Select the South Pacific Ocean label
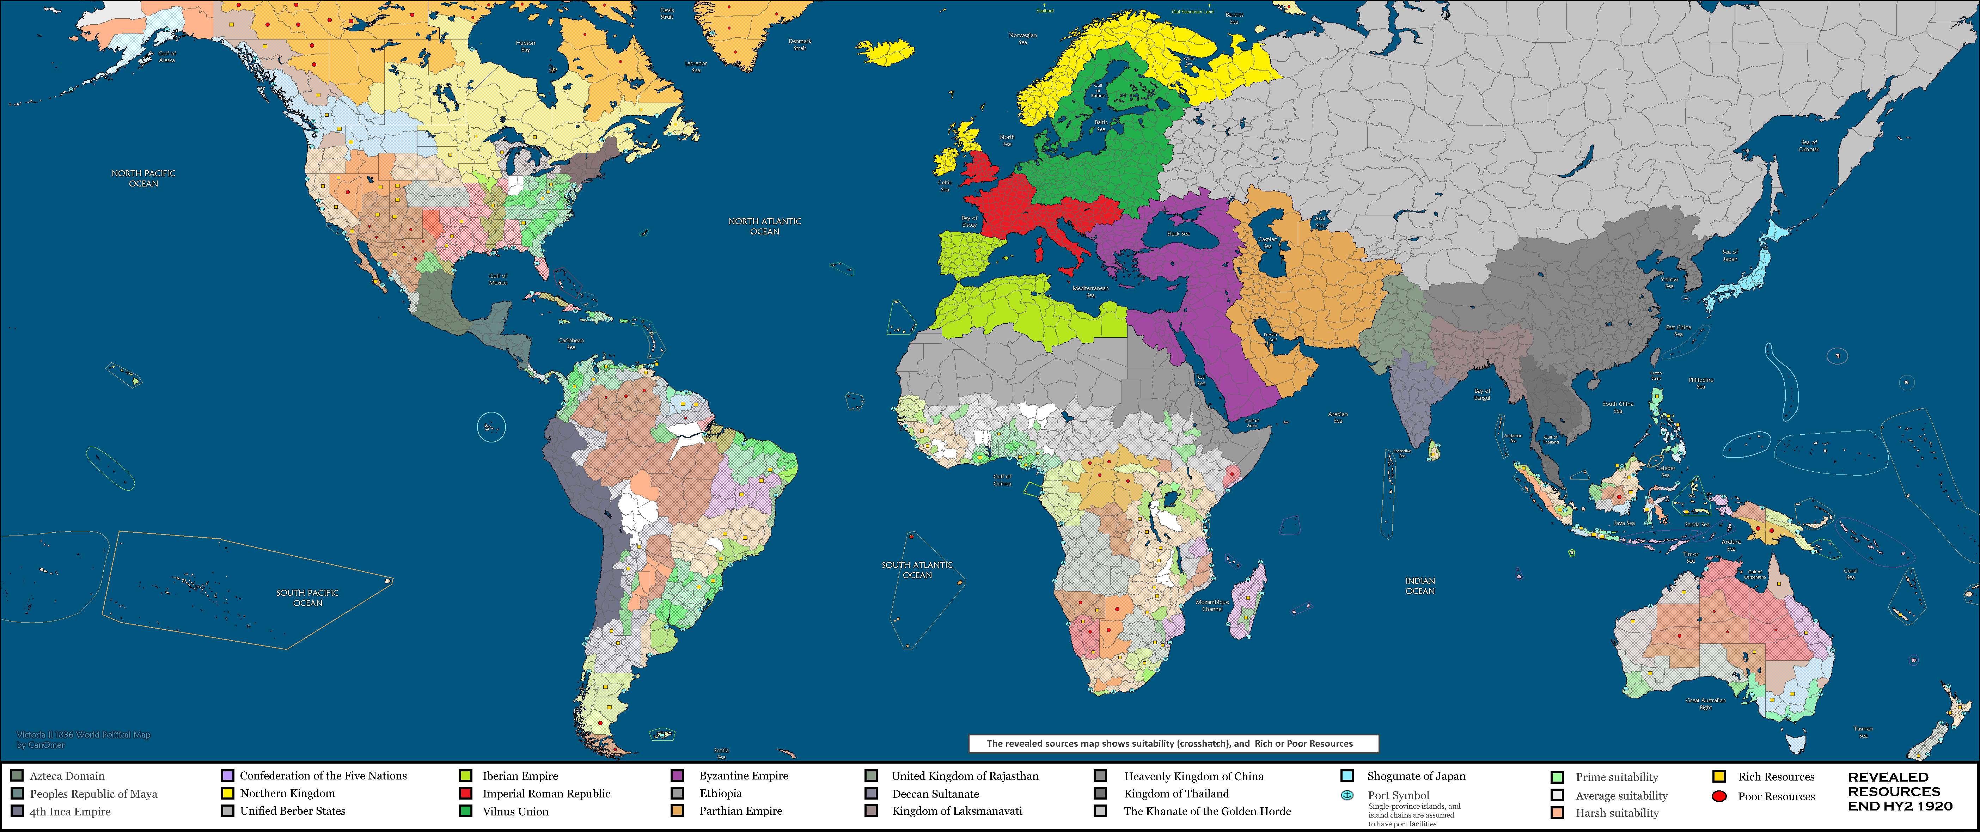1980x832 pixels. pos(307,598)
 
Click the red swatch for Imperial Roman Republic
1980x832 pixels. pos(465,793)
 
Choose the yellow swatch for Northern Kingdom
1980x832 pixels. pos(227,793)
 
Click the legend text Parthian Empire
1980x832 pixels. pos(740,810)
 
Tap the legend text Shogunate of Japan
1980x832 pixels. pos(1416,776)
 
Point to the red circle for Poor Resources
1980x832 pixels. pos(1719,796)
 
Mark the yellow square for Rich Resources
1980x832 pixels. pos(1719,777)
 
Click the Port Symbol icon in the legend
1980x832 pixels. pos(1347,795)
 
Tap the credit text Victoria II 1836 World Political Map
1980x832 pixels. pos(84,734)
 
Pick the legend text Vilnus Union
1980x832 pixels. pos(515,811)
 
